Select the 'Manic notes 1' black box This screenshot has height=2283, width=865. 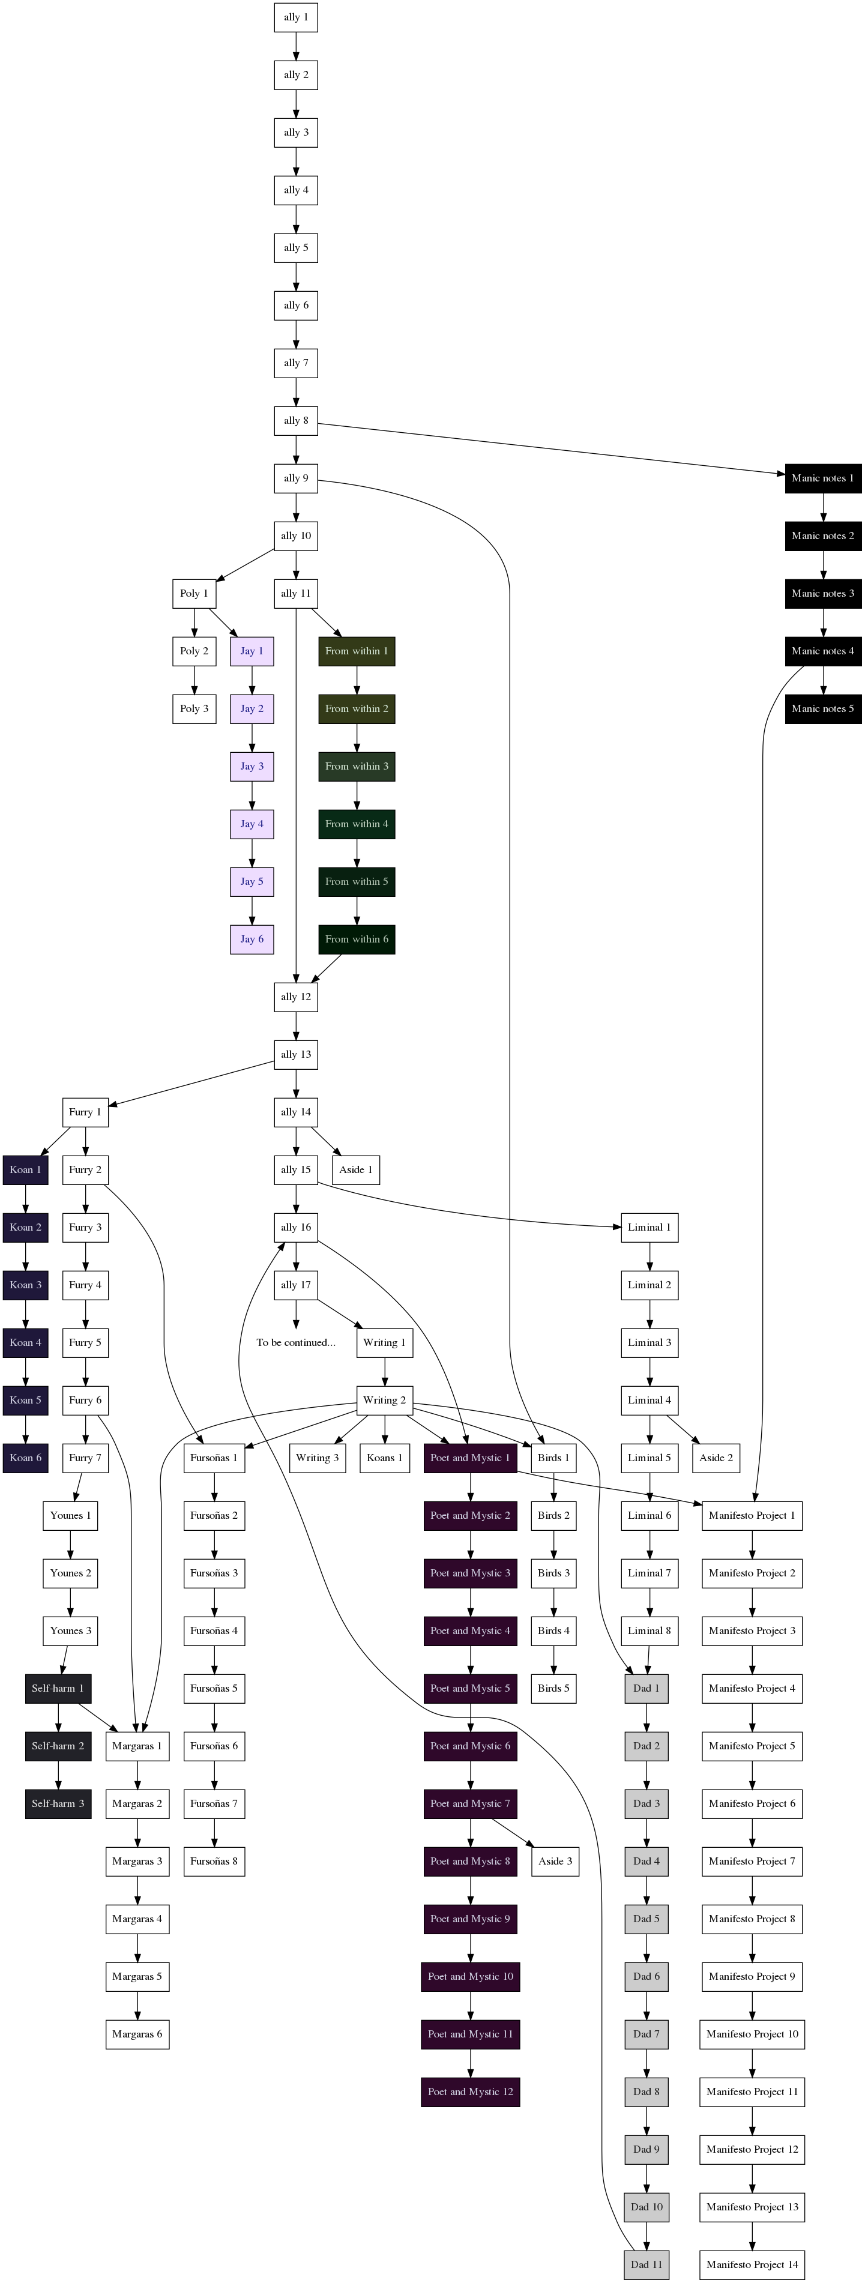pos(822,478)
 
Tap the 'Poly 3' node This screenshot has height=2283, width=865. pos(194,709)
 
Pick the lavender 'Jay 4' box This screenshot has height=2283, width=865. pos(252,824)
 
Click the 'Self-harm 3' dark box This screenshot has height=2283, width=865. pos(58,1803)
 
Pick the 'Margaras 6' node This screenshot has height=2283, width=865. pos(137,2034)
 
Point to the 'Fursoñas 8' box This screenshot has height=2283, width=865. pos(214,1861)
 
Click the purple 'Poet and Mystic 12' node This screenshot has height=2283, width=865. pos(470,2091)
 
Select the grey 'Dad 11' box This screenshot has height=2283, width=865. pos(646,2264)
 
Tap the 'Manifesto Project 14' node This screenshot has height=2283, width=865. pos(752,2264)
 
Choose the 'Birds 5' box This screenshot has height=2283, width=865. pos(554,1688)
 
